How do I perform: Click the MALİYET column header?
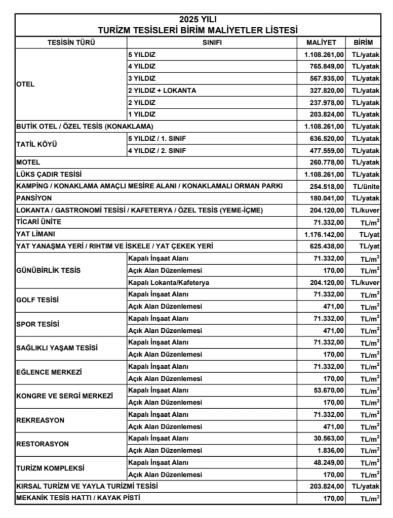click(x=321, y=42)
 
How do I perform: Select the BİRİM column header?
click(x=364, y=42)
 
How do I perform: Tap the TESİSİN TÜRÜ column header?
click(x=71, y=42)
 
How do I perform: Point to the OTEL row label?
click(x=26, y=84)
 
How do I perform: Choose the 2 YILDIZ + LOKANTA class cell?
click(x=162, y=91)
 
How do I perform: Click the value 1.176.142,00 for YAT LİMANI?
click(x=324, y=234)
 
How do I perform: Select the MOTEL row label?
click(x=28, y=162)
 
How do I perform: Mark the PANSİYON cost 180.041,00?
click(x=327, y=198)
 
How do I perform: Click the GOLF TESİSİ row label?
click(x=37, y=300)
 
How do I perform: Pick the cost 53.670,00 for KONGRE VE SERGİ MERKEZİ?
click(x=329, y=390)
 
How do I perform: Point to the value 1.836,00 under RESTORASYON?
click(x=331, y=450)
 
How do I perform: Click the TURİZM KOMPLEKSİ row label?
click(x=50, y=468)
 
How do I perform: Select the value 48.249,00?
click(x=329, y=462)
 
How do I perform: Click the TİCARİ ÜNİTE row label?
click(x=38, y=222)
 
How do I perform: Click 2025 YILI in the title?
click(x=198, y=20)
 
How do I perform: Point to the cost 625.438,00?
click(x=327, y=246)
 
